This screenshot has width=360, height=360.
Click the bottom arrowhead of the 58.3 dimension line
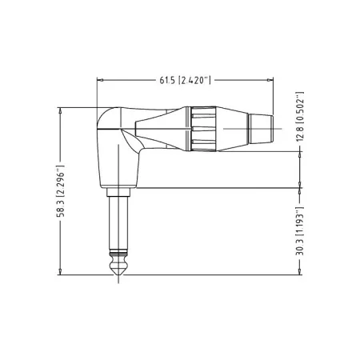click(61, 273)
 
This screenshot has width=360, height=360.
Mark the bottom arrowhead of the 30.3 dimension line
click(300, 273)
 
